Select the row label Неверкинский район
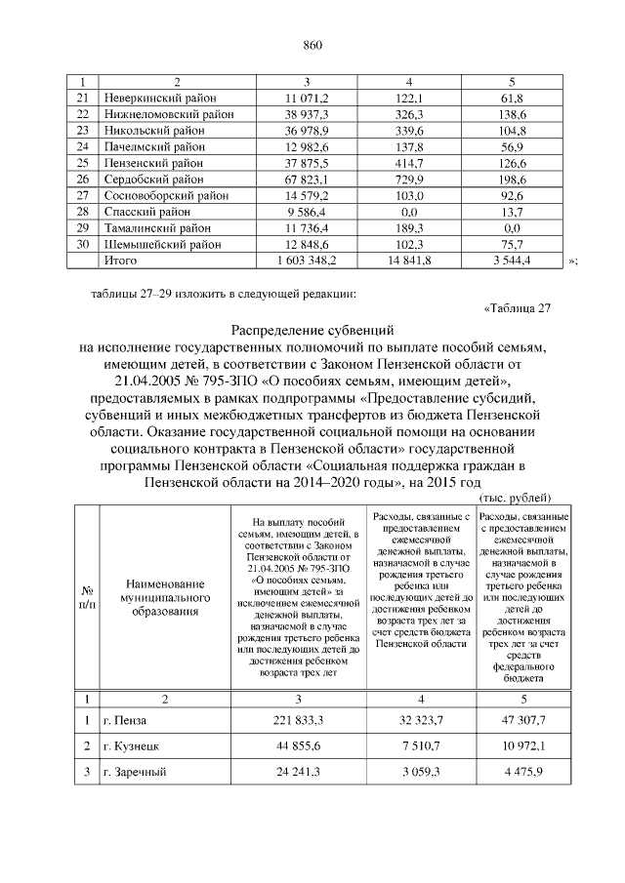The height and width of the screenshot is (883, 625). click(x=160, y=99)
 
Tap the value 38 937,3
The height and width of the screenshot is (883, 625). click(x=307, y=114)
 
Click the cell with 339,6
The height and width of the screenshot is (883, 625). click(x=411, y=130)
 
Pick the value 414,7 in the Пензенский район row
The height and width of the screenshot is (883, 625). click(x=411, y=163)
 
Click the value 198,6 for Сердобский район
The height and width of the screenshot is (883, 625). click(x=513, y=180)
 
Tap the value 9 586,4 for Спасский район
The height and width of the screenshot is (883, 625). click(x=307, y=212)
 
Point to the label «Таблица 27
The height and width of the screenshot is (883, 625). click(x=518, y=309)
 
